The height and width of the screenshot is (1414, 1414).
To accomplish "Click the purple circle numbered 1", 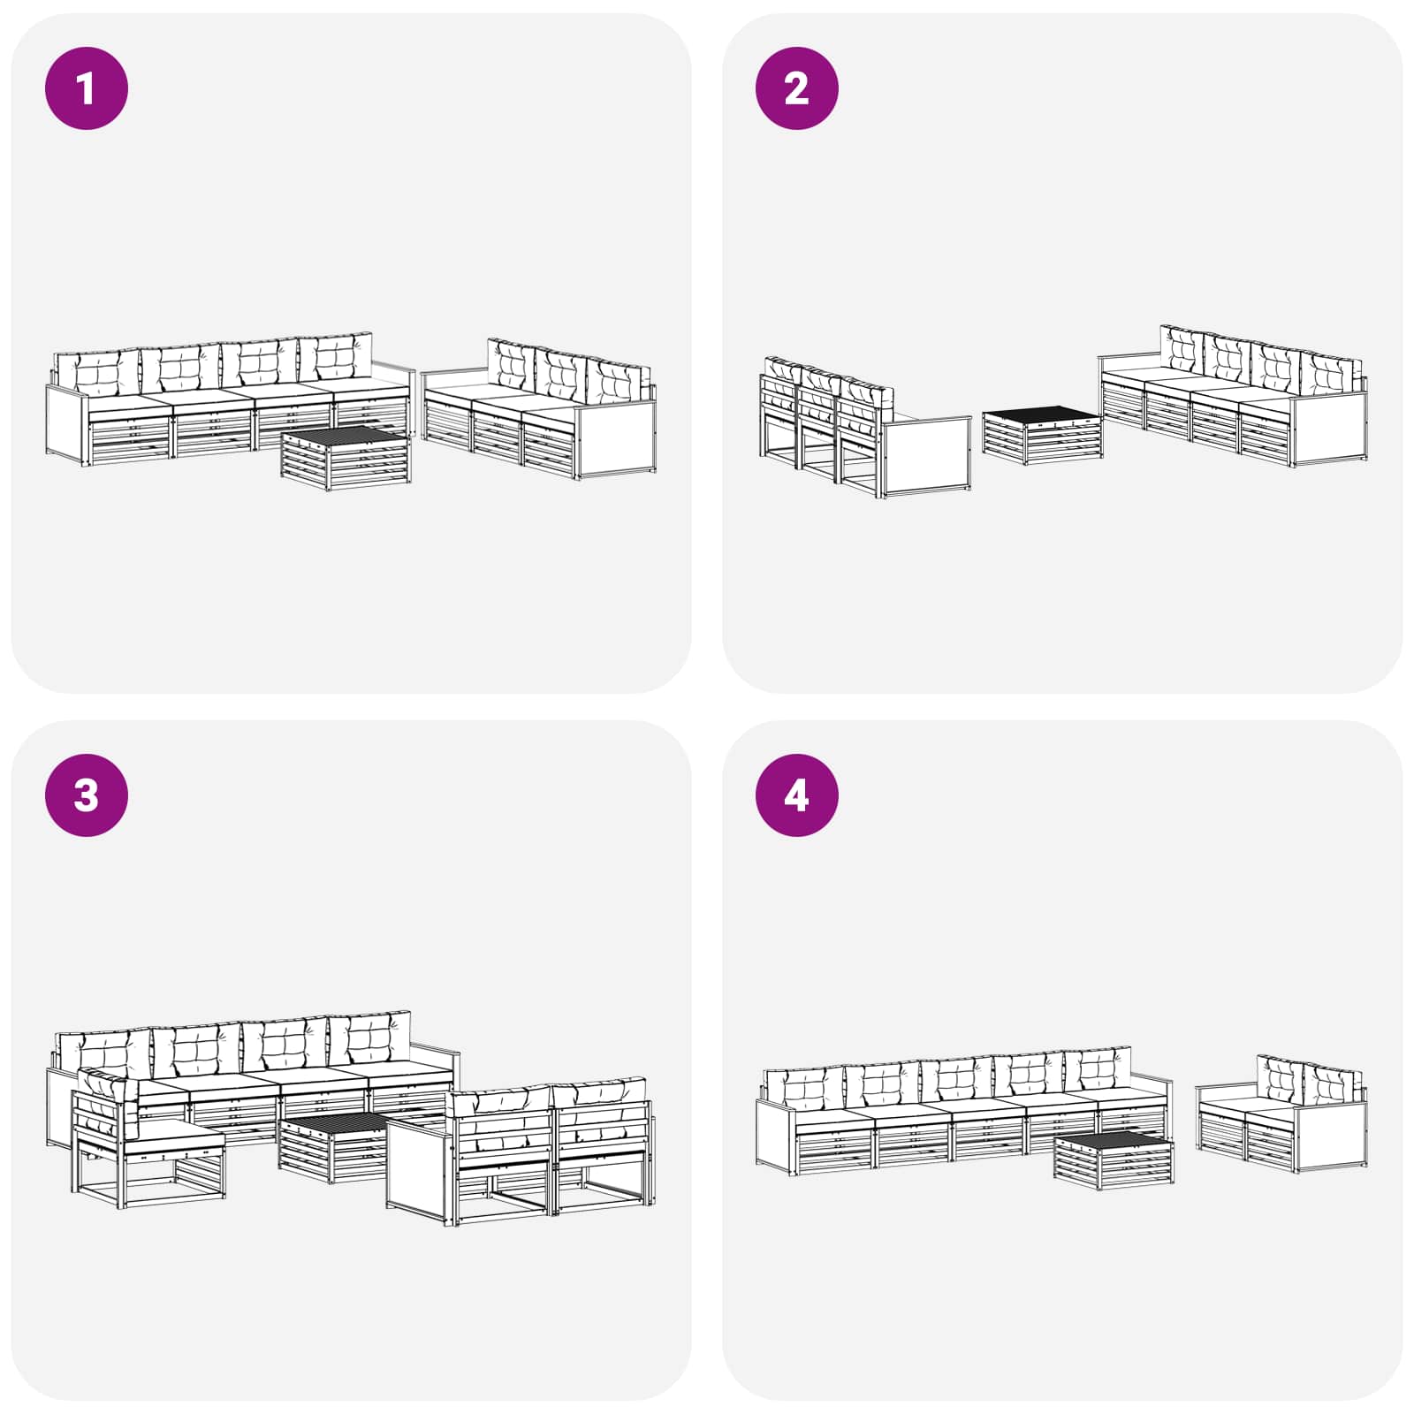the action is pos(87,88).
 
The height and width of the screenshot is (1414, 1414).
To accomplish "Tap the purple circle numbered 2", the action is pos(797,88).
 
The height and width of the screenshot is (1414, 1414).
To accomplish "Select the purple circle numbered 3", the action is pos(87,795).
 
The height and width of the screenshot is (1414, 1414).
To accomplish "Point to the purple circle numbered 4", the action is pos(797,795).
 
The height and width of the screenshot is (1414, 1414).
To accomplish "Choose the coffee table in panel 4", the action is pos(1114,1158).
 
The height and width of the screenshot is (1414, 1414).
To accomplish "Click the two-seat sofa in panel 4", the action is pos(1281,1115).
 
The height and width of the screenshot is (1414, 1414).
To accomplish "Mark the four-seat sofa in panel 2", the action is pos(1234,396).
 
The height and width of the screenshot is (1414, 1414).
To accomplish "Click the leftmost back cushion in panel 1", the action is pos(97,372).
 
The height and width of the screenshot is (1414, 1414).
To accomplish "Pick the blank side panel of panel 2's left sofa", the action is pos(926,455).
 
